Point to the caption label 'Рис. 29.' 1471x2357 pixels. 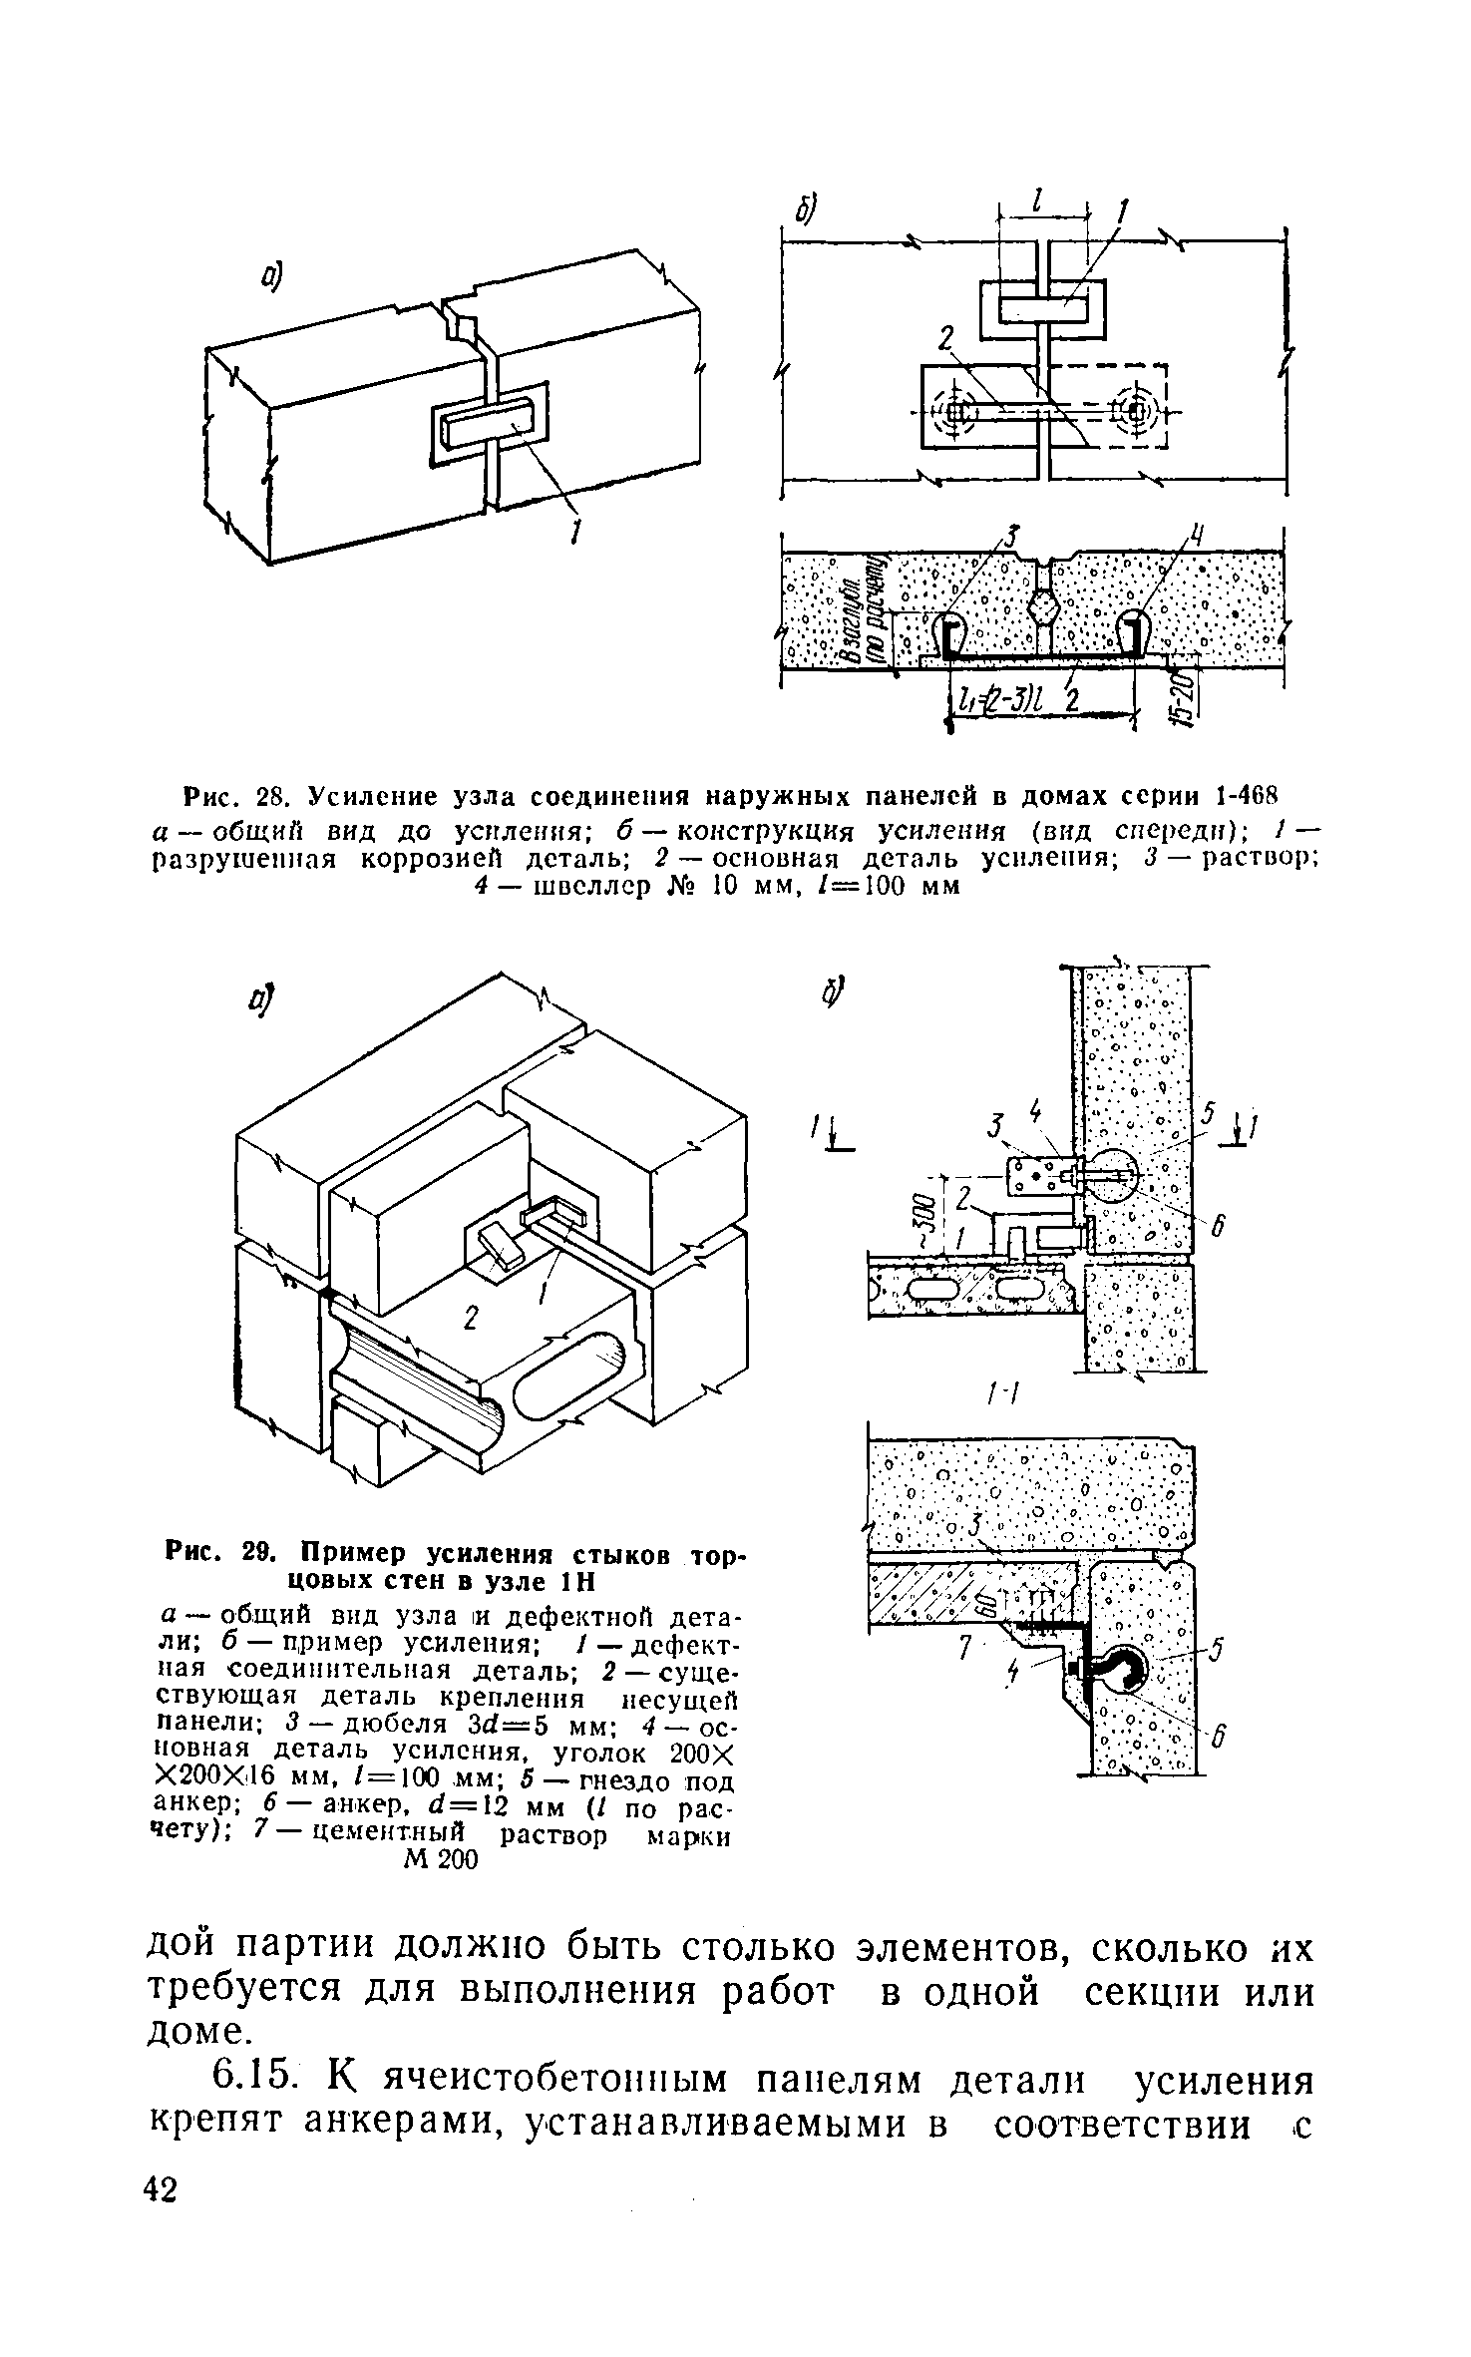pos(228,1554)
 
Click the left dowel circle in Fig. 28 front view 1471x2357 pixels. pos(956,410)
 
